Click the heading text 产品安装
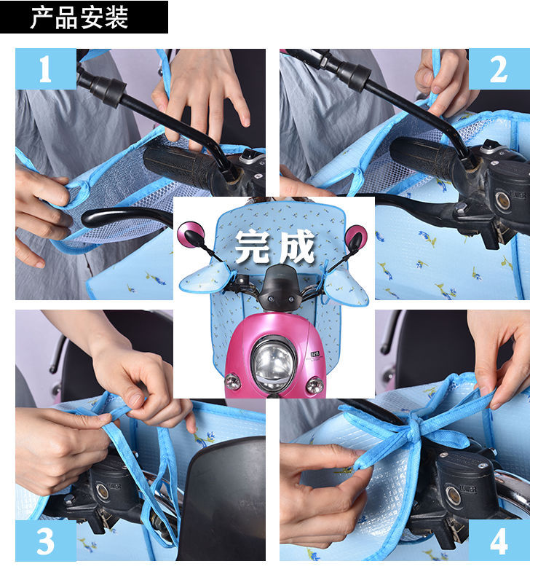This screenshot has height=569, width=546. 79,17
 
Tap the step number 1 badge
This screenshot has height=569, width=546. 46,69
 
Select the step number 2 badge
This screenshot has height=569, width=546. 499,69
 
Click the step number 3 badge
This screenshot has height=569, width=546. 46,541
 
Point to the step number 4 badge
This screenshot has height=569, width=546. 499,541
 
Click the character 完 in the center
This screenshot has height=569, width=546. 253,246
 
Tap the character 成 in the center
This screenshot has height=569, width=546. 296,246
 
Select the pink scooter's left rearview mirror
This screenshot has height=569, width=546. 191,235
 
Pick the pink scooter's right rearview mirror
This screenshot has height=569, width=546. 356,238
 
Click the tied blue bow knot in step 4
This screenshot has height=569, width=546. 415,429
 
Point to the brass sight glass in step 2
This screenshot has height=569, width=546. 503,200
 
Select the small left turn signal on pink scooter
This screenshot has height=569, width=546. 232,382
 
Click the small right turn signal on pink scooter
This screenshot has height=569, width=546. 314,385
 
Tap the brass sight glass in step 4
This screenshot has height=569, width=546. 454,493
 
